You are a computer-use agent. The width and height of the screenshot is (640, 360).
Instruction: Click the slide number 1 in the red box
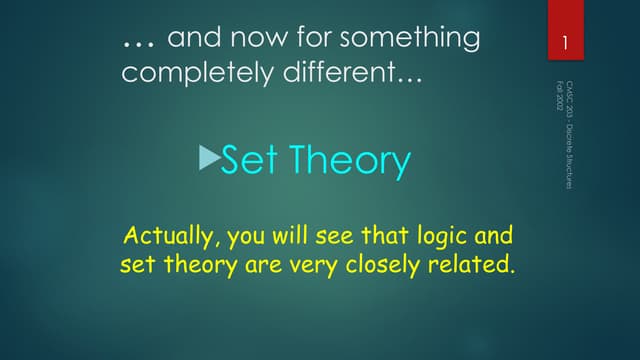tap(565, 44)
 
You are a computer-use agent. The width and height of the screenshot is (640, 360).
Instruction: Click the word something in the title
tap(410, 39)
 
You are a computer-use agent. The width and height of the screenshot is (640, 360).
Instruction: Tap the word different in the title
tap(334, 73)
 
